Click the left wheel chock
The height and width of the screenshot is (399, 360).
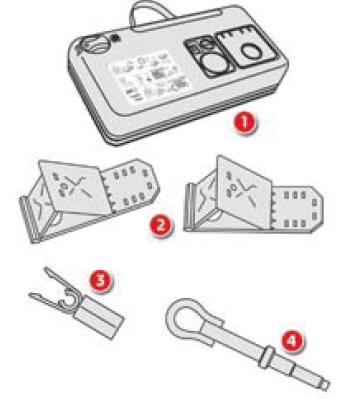click(x=85, y=194)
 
